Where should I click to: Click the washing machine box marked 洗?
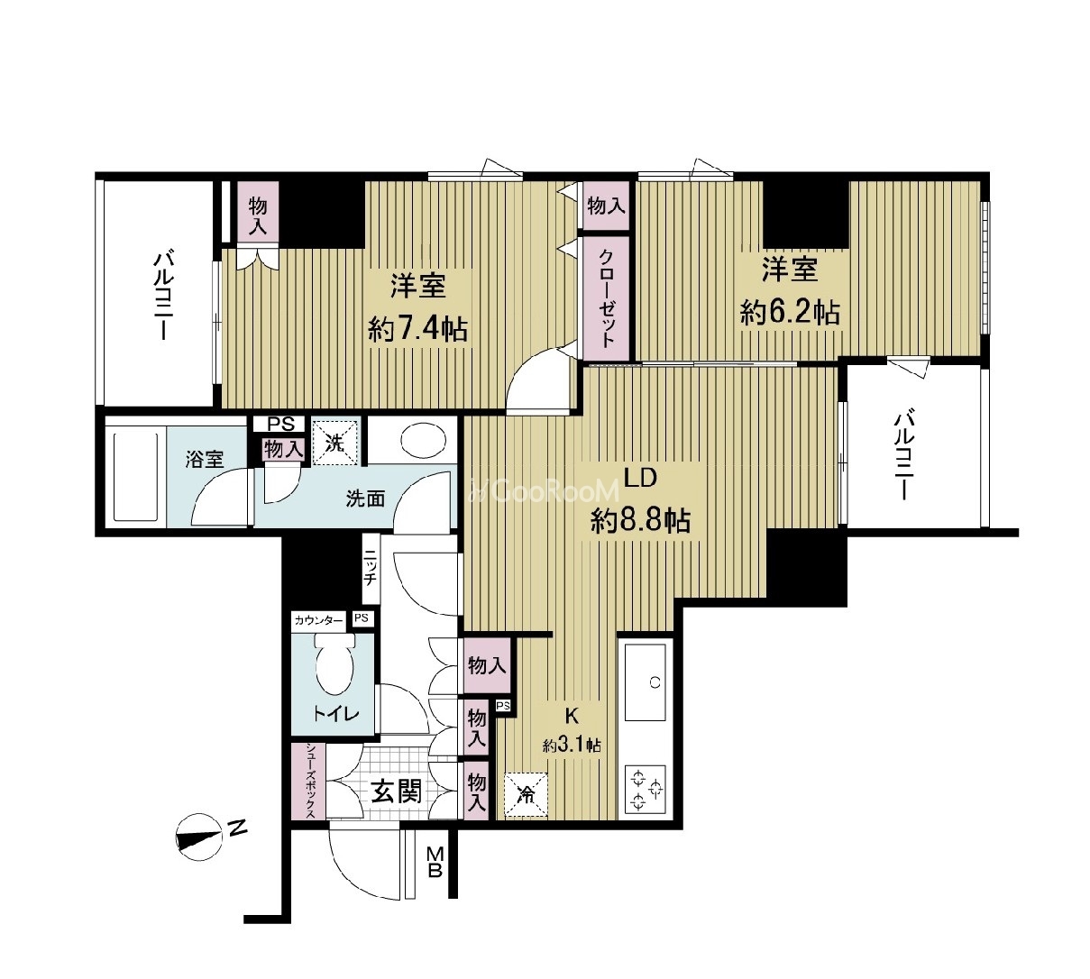pyautogui.click(x=335, y=442)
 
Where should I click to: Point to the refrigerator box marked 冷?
pyautogui.click(x=526, y=796)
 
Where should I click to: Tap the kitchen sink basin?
pyautogui.click(x=645, y=682)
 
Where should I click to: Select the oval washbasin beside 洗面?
pyautogui.click(x=424, y=441)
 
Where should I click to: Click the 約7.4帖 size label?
pyautogui.click(x=417, y=329)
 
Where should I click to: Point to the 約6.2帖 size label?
pyautogui.click(x=789, y=312)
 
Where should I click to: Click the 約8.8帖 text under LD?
pyautogui.click(x=641, y=521)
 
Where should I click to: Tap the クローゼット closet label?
pyautogui.click(x=607, y=298)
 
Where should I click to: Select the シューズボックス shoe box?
pyautogui.click(x=308, y=781)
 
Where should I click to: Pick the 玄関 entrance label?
pyautogui.click(x=397, y=791)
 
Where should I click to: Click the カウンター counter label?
pyautogui.click(x=318, y=619)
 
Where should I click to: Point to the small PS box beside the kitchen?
pyautogui.click(x=504, y=706)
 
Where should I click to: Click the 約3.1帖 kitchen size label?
pyautogui.click(x=572, y=746)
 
